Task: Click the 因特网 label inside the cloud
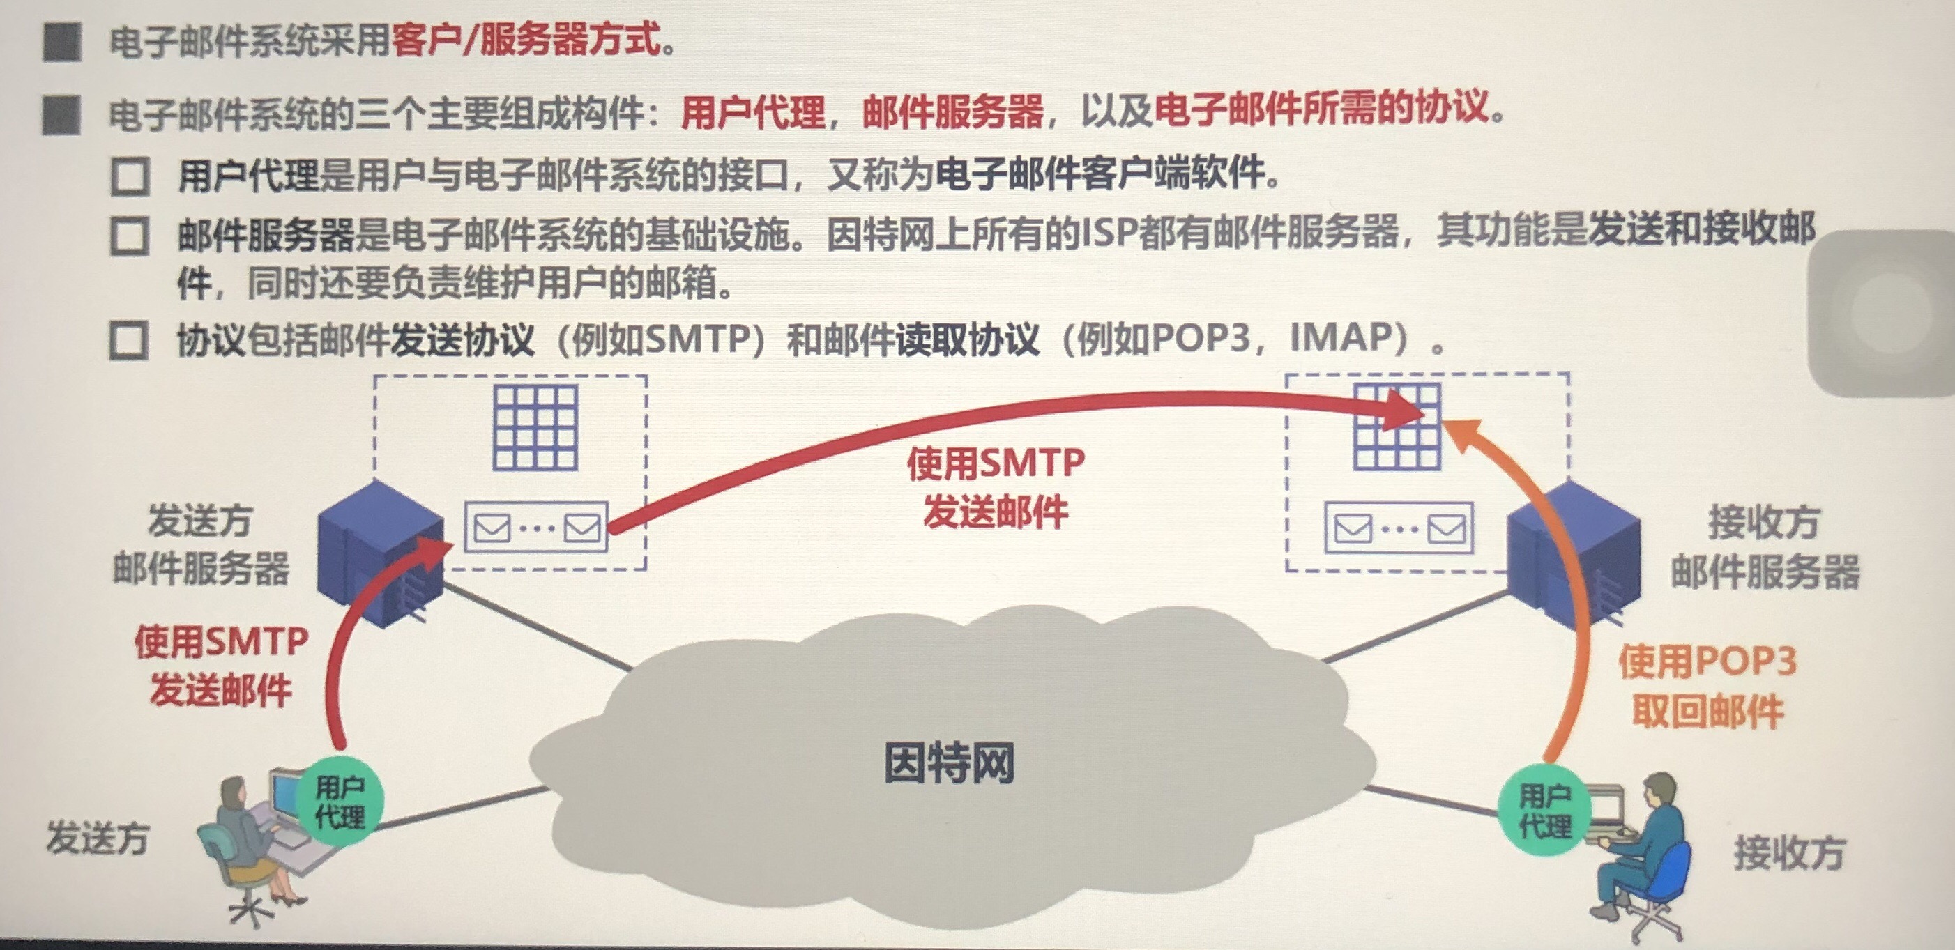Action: coord(949,763)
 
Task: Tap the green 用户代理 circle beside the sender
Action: coord(340,802)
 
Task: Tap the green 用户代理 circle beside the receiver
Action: coord(1544,811)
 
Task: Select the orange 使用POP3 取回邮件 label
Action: coord(1707,686)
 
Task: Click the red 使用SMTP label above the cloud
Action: coord(996,463)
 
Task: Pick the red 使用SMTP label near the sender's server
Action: coord(221,642)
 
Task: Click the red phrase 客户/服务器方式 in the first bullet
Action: coord(526,40)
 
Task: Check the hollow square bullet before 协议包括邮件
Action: coord(129,341)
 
